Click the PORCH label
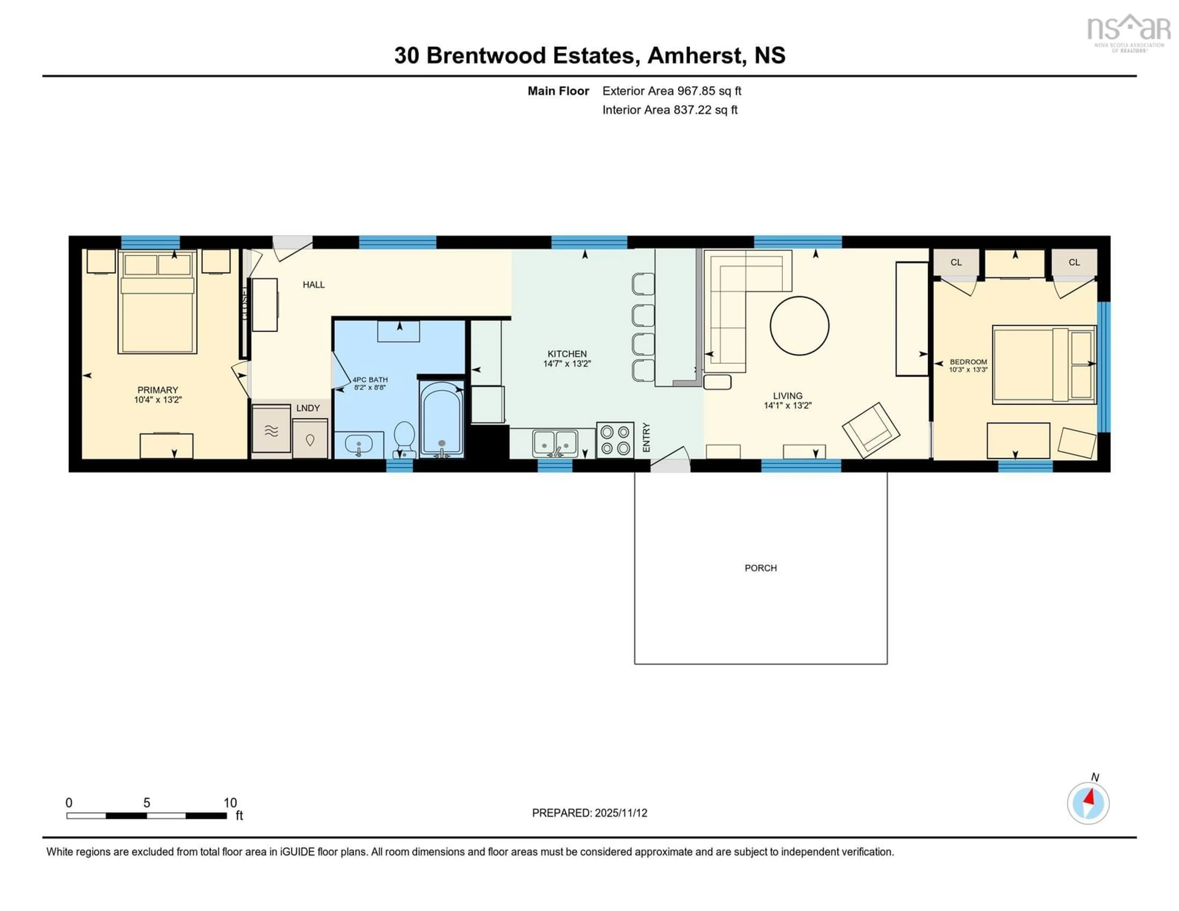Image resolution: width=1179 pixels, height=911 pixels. pos(760,568)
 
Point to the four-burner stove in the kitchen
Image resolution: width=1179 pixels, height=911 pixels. pos(615,440)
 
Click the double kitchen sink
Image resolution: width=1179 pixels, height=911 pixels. pos(555,443)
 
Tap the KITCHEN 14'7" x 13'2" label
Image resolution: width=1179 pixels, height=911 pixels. pos(567,358)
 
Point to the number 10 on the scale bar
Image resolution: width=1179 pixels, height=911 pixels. pos(230,803)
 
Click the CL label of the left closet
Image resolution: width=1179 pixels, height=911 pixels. pos(956,262)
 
